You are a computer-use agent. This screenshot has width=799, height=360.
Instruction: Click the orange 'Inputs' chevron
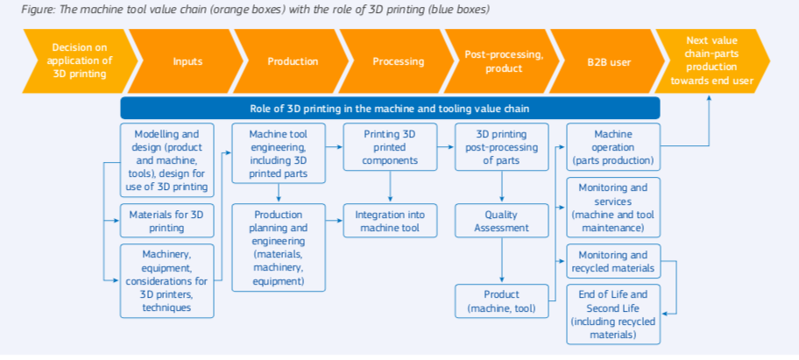click(x=187, y=61)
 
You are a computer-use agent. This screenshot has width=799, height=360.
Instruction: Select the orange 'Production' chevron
click(x=293, y=61)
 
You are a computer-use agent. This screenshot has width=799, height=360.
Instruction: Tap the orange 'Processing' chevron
click(x=398, y=61)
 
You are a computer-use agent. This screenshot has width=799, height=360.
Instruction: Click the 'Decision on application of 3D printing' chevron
click(x=79, y=61)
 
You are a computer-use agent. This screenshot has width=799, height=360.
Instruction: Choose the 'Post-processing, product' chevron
click(x=504, y=61)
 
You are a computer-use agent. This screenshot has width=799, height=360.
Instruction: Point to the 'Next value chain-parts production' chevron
click(x=712, y=61)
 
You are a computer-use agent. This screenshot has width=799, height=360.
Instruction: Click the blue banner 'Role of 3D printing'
click(x=391, y=109)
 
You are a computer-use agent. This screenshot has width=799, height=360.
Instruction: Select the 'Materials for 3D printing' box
click(x=167, y=221)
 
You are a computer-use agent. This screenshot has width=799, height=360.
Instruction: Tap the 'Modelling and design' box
click(x=167, y=160)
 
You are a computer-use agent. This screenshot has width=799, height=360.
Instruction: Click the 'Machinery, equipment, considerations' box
click(x=167, y=281)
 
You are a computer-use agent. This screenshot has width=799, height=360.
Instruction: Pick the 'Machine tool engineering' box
click(x=279, y=153)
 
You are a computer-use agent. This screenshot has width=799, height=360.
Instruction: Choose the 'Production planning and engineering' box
click(x=279, y=248)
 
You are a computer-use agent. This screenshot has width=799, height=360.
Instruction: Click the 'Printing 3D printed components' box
click(x=391, y=146)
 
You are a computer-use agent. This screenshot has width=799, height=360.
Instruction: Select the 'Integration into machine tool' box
click(x=391, y=221)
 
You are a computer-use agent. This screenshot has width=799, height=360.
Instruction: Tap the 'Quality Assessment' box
click(x=502, y=221)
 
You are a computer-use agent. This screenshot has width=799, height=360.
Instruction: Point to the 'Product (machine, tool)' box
click(x=502, y=301)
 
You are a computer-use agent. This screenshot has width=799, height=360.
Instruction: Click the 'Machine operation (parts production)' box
click(x=613, y=146)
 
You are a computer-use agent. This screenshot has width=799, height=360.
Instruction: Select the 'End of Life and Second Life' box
click(x=613, y=314)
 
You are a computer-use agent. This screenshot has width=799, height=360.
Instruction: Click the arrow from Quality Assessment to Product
click(x=502, y=260)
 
